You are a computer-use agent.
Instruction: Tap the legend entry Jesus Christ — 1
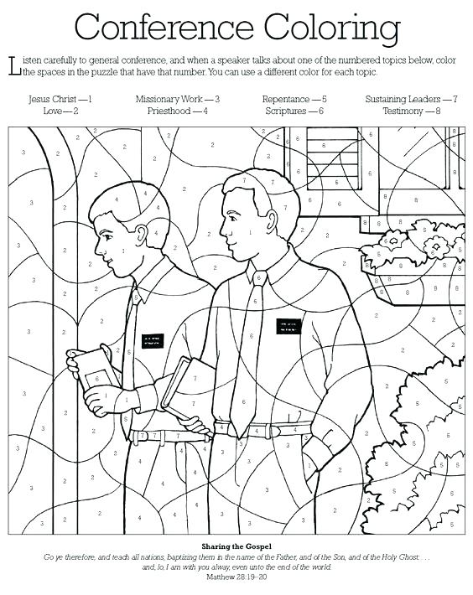60,99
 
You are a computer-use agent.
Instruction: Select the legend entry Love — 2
60,110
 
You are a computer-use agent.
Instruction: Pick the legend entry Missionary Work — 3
178,99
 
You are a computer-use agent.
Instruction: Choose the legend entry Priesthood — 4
178,110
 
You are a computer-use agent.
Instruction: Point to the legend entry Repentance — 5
294,99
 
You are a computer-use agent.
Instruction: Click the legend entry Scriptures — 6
294,110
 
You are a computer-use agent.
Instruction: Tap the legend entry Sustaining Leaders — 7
411,99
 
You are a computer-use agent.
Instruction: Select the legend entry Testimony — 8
411,110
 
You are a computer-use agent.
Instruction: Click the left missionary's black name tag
152,339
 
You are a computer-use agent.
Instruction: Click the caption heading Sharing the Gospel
236,546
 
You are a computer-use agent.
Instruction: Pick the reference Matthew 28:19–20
236,577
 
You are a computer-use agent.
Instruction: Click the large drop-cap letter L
12,65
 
